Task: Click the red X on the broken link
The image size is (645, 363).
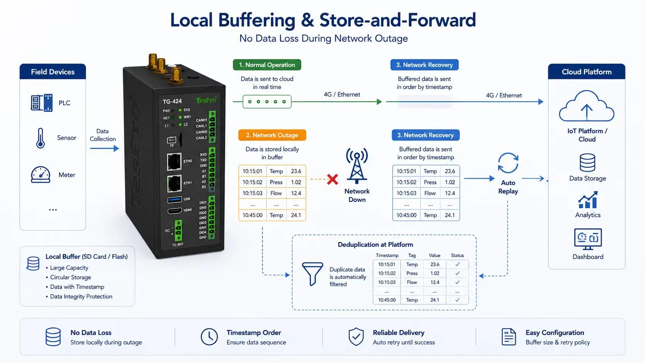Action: point(333,179)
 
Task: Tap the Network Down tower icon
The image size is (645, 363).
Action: point(357,166)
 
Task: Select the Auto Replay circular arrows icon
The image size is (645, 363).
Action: point(508,163)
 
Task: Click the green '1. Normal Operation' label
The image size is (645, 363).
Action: point(267,65)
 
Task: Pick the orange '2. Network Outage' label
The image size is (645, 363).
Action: point(272,135)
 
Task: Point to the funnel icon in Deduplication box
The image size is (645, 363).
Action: point(312,274)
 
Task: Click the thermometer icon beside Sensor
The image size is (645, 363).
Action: point(40,138)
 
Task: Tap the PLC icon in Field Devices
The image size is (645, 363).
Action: point(42,103)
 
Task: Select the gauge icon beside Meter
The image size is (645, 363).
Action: point(41,174)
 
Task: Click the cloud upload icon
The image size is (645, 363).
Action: point(586,106)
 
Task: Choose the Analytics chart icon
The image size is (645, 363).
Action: point(588,199)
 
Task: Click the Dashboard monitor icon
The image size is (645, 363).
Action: point(588,239)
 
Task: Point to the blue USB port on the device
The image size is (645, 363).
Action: point(174,199)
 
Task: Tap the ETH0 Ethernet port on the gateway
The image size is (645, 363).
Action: point(174,162)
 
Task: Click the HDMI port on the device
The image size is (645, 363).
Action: point(174,211)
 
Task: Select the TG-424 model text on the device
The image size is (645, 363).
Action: point(172,101)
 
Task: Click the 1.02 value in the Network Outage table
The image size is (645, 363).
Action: point(296,182)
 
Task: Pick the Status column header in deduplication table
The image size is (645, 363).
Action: point(457,255)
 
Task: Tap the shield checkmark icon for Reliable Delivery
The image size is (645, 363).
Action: point(356,336)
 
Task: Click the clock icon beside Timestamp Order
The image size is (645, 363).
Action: point(209,336)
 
